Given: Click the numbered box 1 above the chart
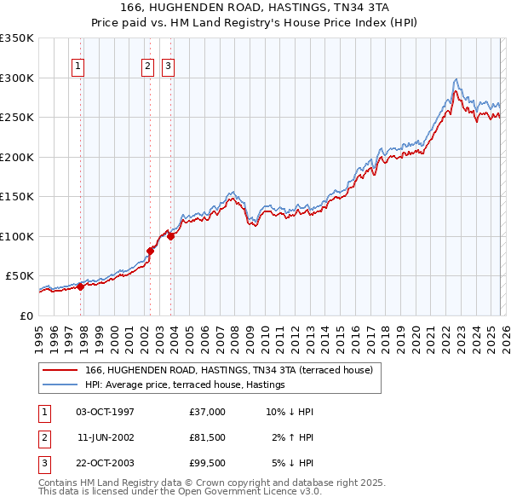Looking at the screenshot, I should point(78,66).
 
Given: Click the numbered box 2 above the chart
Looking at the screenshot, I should point(147,66).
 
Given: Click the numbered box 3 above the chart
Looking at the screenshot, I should point(168,66).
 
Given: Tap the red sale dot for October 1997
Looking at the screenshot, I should point(80,286).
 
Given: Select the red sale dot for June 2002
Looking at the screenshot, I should point(151,251).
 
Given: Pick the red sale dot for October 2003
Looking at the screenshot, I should point(171,236).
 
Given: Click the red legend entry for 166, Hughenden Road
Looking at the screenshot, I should point(228,371).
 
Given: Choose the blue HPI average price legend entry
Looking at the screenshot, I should point(184,385).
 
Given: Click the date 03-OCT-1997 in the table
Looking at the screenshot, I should point(105,412).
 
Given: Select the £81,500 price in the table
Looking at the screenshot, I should point(207,438).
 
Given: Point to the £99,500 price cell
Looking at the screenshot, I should point(207,465).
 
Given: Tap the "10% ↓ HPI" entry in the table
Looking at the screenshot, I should point(290,412).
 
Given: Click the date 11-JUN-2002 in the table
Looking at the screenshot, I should point(105,438).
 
